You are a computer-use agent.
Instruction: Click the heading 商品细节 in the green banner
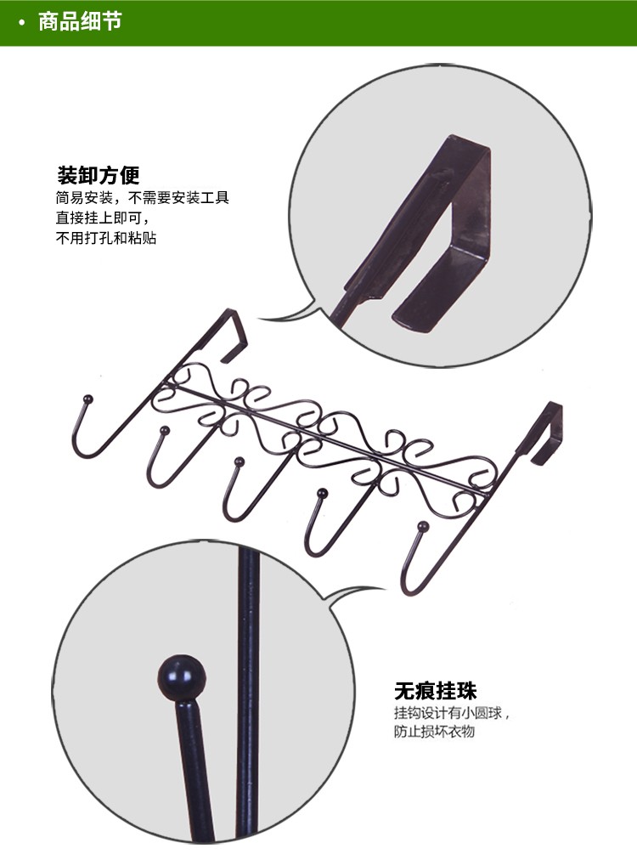pos(80,22)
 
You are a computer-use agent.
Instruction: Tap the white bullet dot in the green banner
pos(22,23)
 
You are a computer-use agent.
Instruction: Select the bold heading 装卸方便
pos(99,176)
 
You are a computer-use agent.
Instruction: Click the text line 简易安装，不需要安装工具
pos(142,197)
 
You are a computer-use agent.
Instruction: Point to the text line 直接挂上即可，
pos(103,218)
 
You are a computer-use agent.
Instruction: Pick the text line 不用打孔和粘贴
pos(106,238)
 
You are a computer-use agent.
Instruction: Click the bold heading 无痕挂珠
pos(435,691)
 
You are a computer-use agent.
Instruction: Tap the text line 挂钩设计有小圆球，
pos(452,713)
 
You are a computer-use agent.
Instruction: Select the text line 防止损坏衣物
pos(434,732)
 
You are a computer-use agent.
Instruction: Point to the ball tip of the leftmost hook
pos(87,399)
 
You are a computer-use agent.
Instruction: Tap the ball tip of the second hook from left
pos(163,431)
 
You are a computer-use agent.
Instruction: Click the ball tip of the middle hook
pos(239,461)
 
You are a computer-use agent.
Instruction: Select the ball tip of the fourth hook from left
pos(323,494)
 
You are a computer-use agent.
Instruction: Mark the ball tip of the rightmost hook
pos(422,527)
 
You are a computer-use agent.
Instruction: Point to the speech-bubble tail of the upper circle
pos(290,314)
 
